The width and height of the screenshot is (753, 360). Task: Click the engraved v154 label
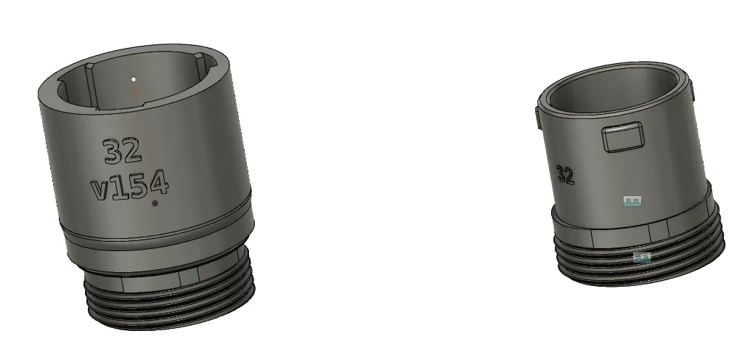click(130, 188)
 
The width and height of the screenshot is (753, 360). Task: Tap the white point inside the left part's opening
click(134, 78)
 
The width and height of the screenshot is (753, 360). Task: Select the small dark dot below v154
click(155, 205)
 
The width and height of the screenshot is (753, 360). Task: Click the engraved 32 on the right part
click(566, 174)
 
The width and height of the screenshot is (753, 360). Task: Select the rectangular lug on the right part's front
click(624, 137)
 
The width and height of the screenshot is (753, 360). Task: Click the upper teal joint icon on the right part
click(633, 201)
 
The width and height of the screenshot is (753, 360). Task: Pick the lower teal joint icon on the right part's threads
click(641, 257)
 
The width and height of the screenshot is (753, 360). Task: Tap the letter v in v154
click(100, 191)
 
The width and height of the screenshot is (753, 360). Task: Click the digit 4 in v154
click(158, 186)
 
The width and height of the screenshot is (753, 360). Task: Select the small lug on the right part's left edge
click(537, 119)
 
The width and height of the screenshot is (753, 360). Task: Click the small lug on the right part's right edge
click(693, 92)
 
